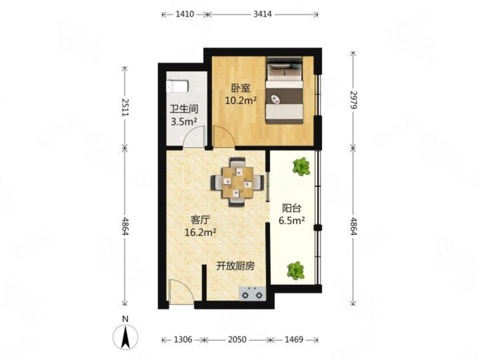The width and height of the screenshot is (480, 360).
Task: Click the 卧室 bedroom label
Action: tap(241, 89)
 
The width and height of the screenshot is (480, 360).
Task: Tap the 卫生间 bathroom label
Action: tap(184, 109)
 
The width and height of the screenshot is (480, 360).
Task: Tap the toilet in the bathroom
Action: tap(177, 86)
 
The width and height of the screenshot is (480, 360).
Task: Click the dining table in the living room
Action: tap(238, 182)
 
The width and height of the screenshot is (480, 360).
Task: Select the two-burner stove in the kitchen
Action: tap(252, 293)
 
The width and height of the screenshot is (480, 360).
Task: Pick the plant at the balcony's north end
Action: tap(301, 166)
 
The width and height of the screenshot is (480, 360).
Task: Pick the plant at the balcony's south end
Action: tap(296, 270)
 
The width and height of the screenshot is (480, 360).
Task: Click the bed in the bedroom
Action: tap(284, 90)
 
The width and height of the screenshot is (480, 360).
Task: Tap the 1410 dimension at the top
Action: tap(185, 14)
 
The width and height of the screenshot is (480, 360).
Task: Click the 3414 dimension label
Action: tap(263, 14)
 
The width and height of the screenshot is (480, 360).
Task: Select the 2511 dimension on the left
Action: tap(125, 107)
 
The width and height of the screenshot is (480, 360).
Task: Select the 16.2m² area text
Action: tap(200, 232)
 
